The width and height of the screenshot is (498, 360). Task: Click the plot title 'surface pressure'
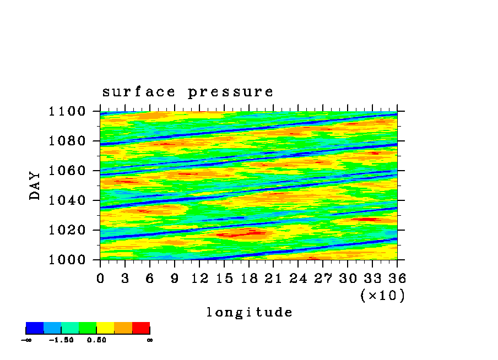[x=187, y=92]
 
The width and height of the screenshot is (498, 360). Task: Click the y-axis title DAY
[x=35, y=186]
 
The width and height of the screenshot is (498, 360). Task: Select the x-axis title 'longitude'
[x=250, y=312]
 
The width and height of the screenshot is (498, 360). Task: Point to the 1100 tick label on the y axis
[x=67, y=111]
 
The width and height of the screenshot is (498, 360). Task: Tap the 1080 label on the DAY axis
[x=67, y=141]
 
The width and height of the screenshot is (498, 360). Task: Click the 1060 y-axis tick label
[x=67, y=171]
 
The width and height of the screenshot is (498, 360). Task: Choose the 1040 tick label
[x=67, y=200]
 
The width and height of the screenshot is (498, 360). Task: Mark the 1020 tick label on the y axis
[x=67, y=230]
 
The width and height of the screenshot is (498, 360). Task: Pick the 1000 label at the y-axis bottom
[x=67, y=260]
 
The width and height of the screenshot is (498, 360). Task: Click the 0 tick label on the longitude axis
[x=100, y=279]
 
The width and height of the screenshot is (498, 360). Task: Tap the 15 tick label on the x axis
[x=224, y=279]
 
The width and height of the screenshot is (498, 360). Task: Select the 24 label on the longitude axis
[x=298, y=279]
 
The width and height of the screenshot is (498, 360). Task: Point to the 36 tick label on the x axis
[x=397, y=279]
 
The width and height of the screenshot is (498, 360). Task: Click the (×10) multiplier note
[x=383, y=296]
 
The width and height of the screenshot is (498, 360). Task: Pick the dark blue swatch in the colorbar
[x=35, y=328]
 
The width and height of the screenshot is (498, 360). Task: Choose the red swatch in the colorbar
[x=141, y=328]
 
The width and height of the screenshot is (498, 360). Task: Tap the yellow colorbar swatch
[x=105, y=328]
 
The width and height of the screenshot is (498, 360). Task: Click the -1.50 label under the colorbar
[x=61, y=340]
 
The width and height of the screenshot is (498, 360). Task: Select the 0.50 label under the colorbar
[x=96, y=340]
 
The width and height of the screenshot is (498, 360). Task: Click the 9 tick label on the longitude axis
[x=175, y=279]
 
